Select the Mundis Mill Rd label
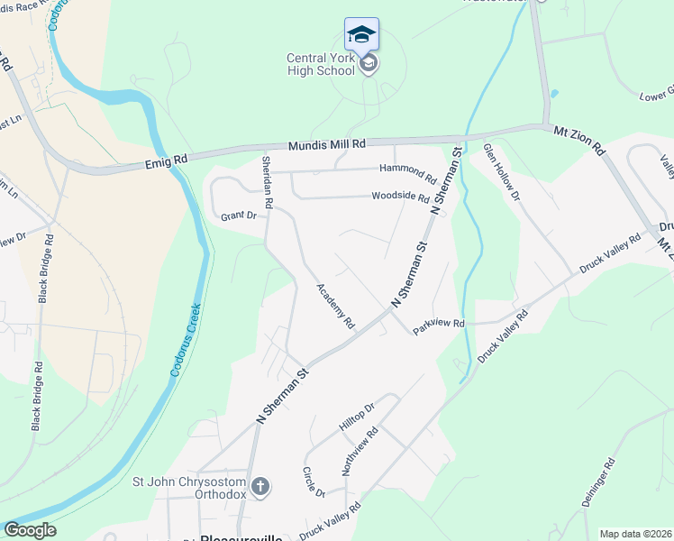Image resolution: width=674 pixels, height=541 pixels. tap(327, 144)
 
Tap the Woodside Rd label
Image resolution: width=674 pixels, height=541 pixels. tap(400, 197)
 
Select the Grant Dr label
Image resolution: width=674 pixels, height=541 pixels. tap(239, 216)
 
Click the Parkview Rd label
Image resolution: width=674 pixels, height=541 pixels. tap(439, 324)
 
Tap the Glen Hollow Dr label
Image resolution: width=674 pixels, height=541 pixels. tap(502, 170)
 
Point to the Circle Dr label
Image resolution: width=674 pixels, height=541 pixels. tap(313, 482)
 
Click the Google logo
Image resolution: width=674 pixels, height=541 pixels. tap(30, 530)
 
